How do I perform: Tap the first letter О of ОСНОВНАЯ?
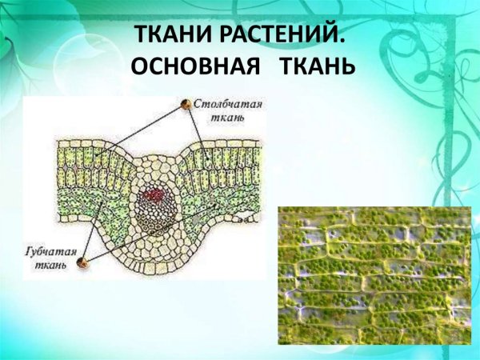[139, 66]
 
